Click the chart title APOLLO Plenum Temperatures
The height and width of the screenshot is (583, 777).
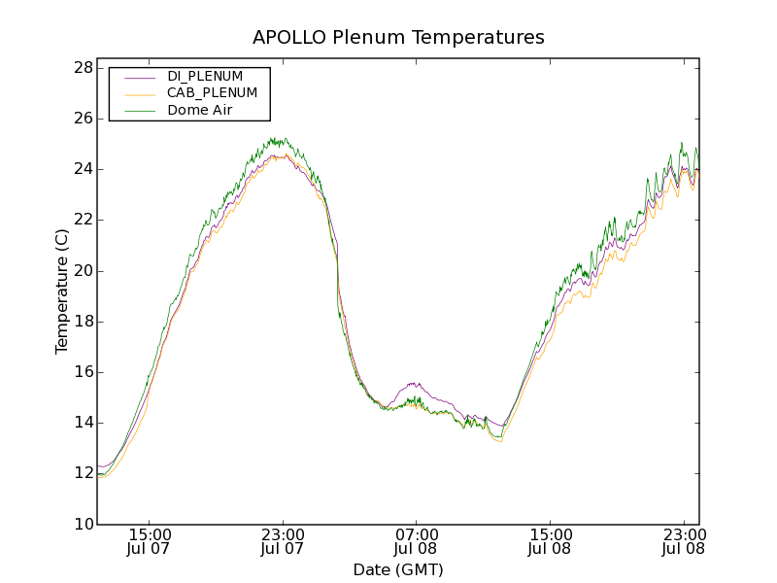(x=398, y=38)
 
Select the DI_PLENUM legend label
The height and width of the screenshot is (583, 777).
(x=205, y=76)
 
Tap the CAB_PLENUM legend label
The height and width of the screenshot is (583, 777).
(x=212, y=93)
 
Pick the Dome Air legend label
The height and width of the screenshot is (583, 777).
(x=200, y=110)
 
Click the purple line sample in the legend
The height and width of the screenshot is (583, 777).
(x=140, y=76)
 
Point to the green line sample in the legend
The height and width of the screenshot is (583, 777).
(x=140, y=111)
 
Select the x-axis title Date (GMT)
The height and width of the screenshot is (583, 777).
(x=398, y=569)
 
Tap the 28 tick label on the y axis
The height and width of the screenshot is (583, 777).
(x=83, y=68)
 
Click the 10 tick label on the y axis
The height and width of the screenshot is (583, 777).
(x=83, y=525)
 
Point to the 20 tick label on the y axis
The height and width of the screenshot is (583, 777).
(x=83, y=271)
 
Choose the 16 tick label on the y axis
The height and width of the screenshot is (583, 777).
(x=83, y=372)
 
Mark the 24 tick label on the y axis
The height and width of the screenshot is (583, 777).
(x=83, y=169)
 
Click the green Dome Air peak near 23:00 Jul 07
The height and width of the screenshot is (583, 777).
(x=275, y=139)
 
